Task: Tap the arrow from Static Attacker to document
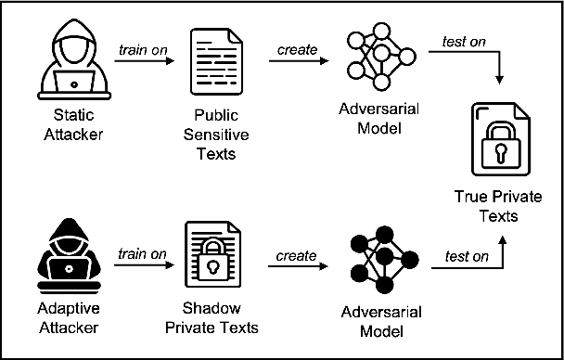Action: coord(144,62)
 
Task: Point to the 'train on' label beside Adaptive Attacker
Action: coord(142,252)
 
